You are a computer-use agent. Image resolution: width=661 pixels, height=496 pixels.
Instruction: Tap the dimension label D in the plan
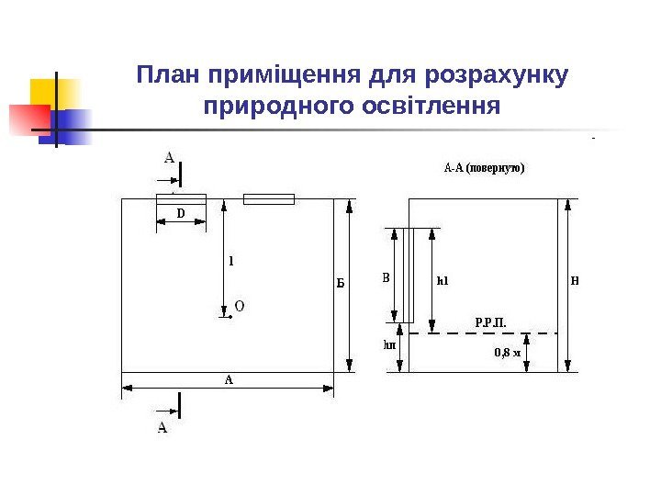coord(180,214)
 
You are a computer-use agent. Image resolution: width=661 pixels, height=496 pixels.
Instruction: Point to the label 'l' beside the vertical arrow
coord(230,261)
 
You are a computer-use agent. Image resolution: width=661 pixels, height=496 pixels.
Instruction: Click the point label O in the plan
coord(240,306)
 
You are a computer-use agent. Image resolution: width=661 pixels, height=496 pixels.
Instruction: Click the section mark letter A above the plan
coord(170,157)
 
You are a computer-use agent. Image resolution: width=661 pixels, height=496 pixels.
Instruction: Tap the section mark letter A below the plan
coord(163,427)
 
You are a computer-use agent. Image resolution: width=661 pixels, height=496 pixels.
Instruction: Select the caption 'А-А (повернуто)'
coord(484,169)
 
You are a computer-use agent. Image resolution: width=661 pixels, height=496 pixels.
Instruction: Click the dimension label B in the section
coord(386,276)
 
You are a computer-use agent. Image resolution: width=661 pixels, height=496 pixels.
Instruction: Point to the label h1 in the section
coord(442,281)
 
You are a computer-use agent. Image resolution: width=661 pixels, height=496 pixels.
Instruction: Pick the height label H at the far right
coord(575,280)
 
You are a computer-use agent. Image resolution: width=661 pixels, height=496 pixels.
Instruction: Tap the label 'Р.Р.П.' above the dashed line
coord(490,322)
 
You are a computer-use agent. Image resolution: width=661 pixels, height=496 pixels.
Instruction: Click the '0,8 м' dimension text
coord(507,352)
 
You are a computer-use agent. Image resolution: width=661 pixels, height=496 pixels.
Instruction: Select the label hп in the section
coord(388,345)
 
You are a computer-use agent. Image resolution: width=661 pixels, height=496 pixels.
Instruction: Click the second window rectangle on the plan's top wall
coord(268,198)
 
